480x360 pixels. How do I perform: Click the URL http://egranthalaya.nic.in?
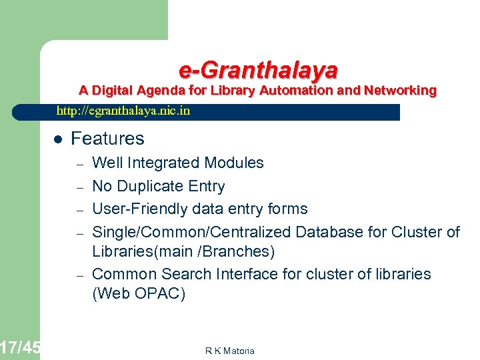tap(123, 111)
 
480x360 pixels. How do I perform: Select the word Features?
tap(107, 139)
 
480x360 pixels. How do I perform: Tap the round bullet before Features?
tap(58, 139)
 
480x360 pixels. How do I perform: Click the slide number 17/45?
tap(20, 347)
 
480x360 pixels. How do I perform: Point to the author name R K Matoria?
tap(230, 351)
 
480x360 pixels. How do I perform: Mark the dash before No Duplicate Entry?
tap(78, 187)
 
